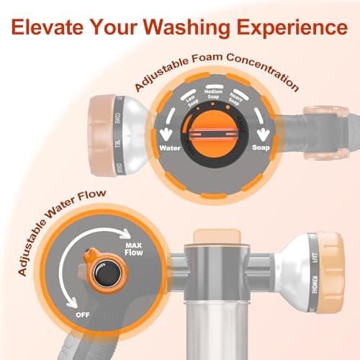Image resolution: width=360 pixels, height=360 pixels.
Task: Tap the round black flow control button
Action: click(99, 279)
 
